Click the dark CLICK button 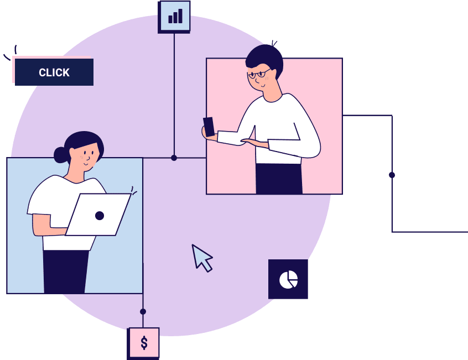[54, 72]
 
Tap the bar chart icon [175, 16]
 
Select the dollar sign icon [144, 343]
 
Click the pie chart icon [288, 280]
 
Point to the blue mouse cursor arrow [201, 258]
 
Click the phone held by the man [209, 127]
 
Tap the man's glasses [259, 74]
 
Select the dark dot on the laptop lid [100, 216]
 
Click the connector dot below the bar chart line [174, 158]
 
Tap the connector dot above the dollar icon [143, 312]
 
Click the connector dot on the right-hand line [392, 175]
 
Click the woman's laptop [98, 215]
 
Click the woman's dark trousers [66, 272]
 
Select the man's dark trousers [279, 179]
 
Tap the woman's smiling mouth [86, 164]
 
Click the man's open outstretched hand [254, 143]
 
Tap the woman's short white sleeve [38, 200]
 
